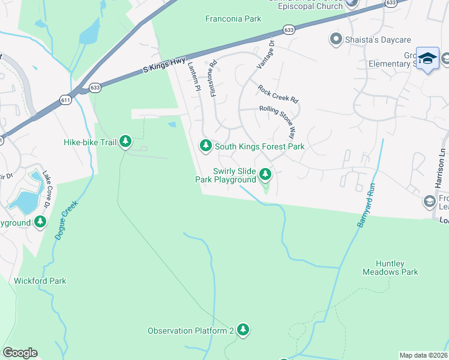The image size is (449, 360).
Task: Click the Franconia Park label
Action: pyautogui.click(x=234, y=19)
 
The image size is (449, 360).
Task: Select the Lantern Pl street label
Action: pyautogui.click(x=193, y=77)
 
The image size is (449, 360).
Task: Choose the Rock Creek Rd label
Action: pyautogui.click(x=278, y=93)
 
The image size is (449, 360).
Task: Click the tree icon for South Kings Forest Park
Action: pyautogui.click(x=205, y=145)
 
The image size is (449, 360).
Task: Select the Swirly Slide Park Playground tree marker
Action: pyautogui.click(x=265, y=175)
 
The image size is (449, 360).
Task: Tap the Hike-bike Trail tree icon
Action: pyautogui.click(x=125, y=142)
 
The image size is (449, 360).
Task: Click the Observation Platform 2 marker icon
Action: pyautogui.click(x=243, y=329)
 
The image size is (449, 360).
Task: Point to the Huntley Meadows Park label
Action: pyautogui.click(x=390, y=268)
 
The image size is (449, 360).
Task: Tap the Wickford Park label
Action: pyautogui.click(x=40, y=281)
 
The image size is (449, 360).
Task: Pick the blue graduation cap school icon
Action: pyautogui.click(x=427, y=58)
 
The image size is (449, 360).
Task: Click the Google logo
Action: pyautogui.click(x=20, y=353)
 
